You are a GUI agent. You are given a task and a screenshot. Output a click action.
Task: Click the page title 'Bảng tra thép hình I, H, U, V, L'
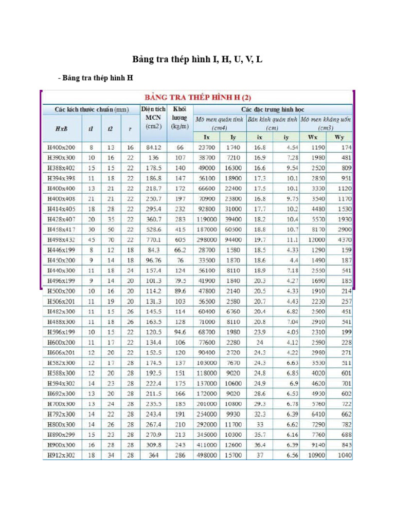coord(197,59)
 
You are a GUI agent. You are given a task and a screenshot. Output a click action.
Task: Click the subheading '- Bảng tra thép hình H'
coord(95,78)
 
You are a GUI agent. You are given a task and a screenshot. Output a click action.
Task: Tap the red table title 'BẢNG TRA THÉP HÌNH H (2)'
coord(197,97)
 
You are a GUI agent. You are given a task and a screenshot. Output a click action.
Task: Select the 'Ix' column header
coord(207,137)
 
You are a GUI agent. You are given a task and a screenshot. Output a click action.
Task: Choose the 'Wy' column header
coord(340,137)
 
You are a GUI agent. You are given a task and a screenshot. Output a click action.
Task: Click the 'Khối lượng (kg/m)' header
coord(179,118)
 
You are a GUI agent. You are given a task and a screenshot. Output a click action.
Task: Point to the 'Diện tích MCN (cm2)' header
coord(153,118)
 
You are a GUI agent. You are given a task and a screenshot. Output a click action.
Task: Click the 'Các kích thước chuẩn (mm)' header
coord(92,109)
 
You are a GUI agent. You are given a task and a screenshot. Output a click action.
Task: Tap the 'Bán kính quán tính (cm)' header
coord(273,123)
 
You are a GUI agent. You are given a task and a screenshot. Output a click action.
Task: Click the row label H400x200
coord(61,147)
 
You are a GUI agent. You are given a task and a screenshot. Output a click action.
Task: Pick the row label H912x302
coord(61,455)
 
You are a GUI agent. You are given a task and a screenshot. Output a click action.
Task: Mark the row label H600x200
coord(61,343)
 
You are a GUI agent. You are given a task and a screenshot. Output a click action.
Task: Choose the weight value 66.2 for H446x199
coord(179,250)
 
